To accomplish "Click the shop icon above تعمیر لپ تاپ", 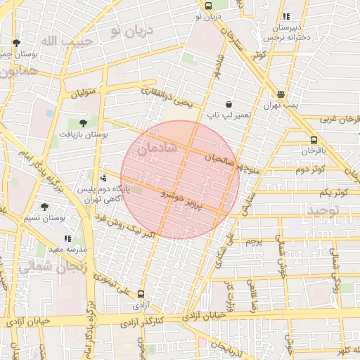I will (x=229, y=104).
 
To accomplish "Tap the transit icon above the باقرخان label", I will (x=313, y=140).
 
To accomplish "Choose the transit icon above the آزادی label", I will (x=141, y=295).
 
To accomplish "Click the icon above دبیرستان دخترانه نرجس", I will (x=285, y=17).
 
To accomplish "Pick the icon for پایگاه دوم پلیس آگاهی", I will (x=104, y=178).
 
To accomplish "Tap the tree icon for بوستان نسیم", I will (x=45, y=207).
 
